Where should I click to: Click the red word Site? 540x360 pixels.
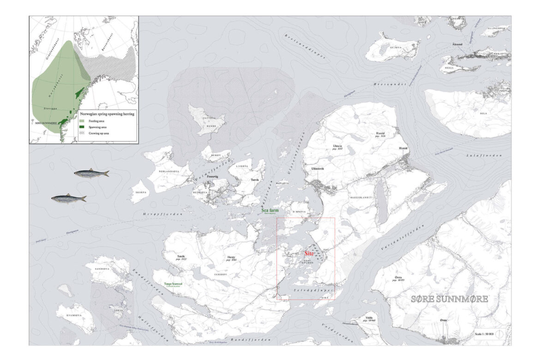309,254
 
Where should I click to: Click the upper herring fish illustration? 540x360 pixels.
91,174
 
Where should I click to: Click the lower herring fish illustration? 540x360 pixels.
68,198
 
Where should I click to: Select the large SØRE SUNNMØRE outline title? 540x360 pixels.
449,299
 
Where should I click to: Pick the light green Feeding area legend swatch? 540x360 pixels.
83,121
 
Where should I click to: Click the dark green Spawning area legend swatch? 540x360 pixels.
83,126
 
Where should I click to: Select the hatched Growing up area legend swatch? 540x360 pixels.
83,132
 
